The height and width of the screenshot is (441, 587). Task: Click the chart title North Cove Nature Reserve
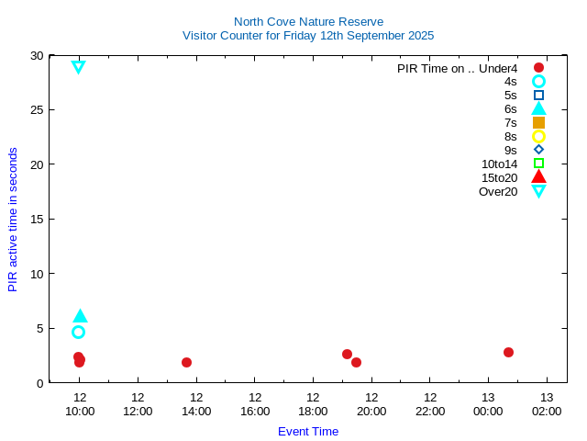point(308,21)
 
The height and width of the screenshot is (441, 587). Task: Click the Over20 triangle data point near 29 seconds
point(78,66)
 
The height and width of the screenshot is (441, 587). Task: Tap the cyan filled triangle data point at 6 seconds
point(80,316)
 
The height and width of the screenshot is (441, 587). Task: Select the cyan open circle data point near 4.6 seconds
point(78,332)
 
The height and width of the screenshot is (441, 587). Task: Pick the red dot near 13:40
point(186,362)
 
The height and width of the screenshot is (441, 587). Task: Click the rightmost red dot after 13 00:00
point(508,352)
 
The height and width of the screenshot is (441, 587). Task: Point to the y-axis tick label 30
point(36,55)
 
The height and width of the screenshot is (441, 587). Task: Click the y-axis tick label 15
point(36,219)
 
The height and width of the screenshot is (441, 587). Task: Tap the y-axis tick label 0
point(39,383)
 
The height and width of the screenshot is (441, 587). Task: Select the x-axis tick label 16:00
point(255,404)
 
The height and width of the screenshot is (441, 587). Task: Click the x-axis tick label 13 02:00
point(547,404)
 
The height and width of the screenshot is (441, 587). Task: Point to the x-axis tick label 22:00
point(430,404)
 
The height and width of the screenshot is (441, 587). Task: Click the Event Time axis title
point(308,431)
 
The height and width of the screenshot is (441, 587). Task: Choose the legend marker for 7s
point(538,122)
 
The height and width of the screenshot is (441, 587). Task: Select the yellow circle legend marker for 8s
point(538,136)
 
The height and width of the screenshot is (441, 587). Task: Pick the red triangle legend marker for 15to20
point(538,177)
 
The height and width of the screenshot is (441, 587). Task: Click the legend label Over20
point(498,191)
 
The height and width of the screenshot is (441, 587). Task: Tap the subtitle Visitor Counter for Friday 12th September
point(308,35)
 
